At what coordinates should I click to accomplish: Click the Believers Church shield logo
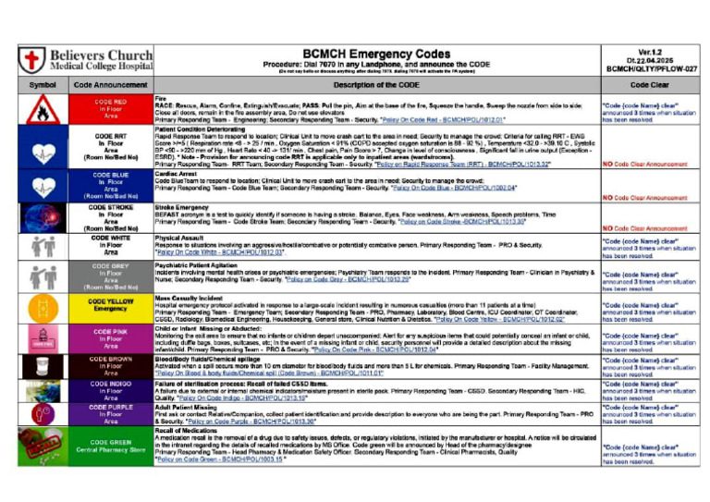point(32,61)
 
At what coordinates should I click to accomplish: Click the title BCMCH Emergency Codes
point(376,54)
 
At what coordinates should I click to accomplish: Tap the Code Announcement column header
point(110,85)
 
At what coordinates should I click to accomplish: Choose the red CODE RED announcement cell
point(110,109)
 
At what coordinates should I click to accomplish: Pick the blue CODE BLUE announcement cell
point(110,185)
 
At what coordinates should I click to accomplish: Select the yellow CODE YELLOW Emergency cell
point(110,304)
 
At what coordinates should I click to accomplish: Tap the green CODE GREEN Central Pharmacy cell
point(110,447)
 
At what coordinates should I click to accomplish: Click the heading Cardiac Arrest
point(179,173)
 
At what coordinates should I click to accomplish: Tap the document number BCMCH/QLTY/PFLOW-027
point(652,69)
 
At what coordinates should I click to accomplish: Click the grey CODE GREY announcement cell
point(110,275)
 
